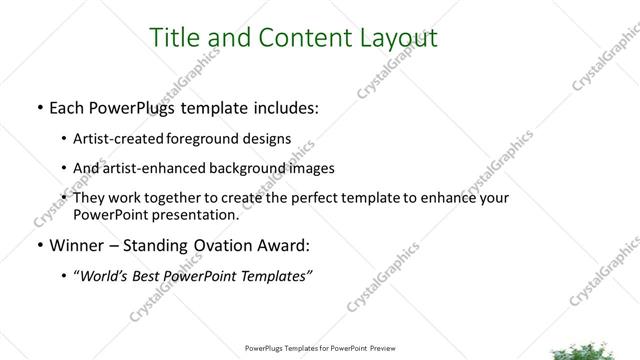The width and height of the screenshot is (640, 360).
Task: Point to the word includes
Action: (x=281, y=107)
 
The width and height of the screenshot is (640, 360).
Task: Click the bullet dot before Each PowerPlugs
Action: (x=37, y=108)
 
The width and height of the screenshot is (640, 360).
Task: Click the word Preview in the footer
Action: (x=378, y=349)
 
